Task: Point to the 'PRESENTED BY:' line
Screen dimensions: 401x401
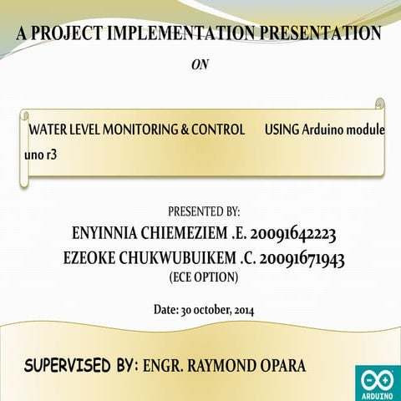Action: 204,211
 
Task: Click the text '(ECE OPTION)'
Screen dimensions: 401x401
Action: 204,276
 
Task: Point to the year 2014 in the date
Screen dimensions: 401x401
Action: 239,310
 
